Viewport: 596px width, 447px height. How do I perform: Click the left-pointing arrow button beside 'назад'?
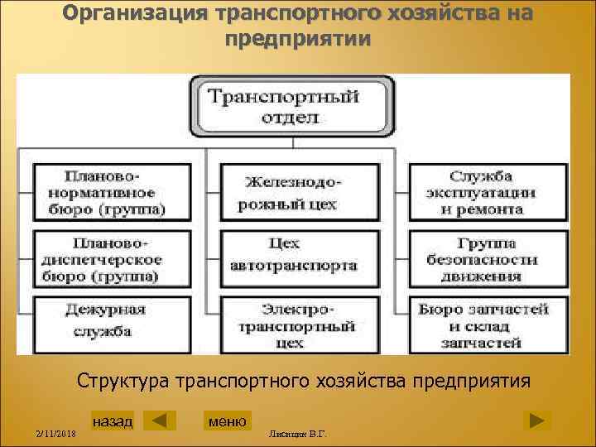159,421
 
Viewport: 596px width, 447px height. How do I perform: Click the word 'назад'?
113,421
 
